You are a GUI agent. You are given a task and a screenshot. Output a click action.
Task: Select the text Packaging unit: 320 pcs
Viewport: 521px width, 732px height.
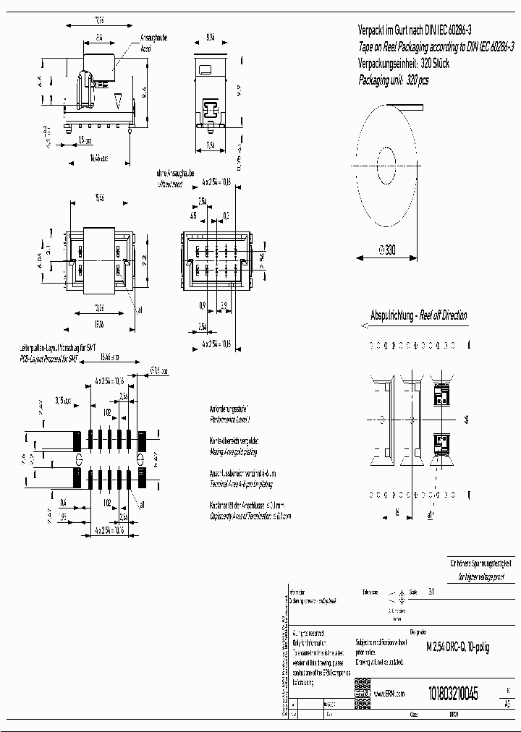coord(394,80)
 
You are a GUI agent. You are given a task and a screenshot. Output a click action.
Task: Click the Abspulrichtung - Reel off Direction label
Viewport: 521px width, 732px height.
coord(418,316)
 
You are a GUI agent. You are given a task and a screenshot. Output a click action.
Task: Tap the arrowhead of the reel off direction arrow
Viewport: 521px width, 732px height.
coord(355,327)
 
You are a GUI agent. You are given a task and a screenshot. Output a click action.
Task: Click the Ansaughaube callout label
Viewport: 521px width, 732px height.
coord(153,38)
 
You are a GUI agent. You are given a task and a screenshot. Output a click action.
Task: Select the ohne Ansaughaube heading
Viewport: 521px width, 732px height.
coord(176,174)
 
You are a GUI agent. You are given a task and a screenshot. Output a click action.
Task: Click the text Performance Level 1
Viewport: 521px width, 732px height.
coord(232,420)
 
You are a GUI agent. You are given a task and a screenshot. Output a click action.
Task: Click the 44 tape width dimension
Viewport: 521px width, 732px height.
coord(467,419)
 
